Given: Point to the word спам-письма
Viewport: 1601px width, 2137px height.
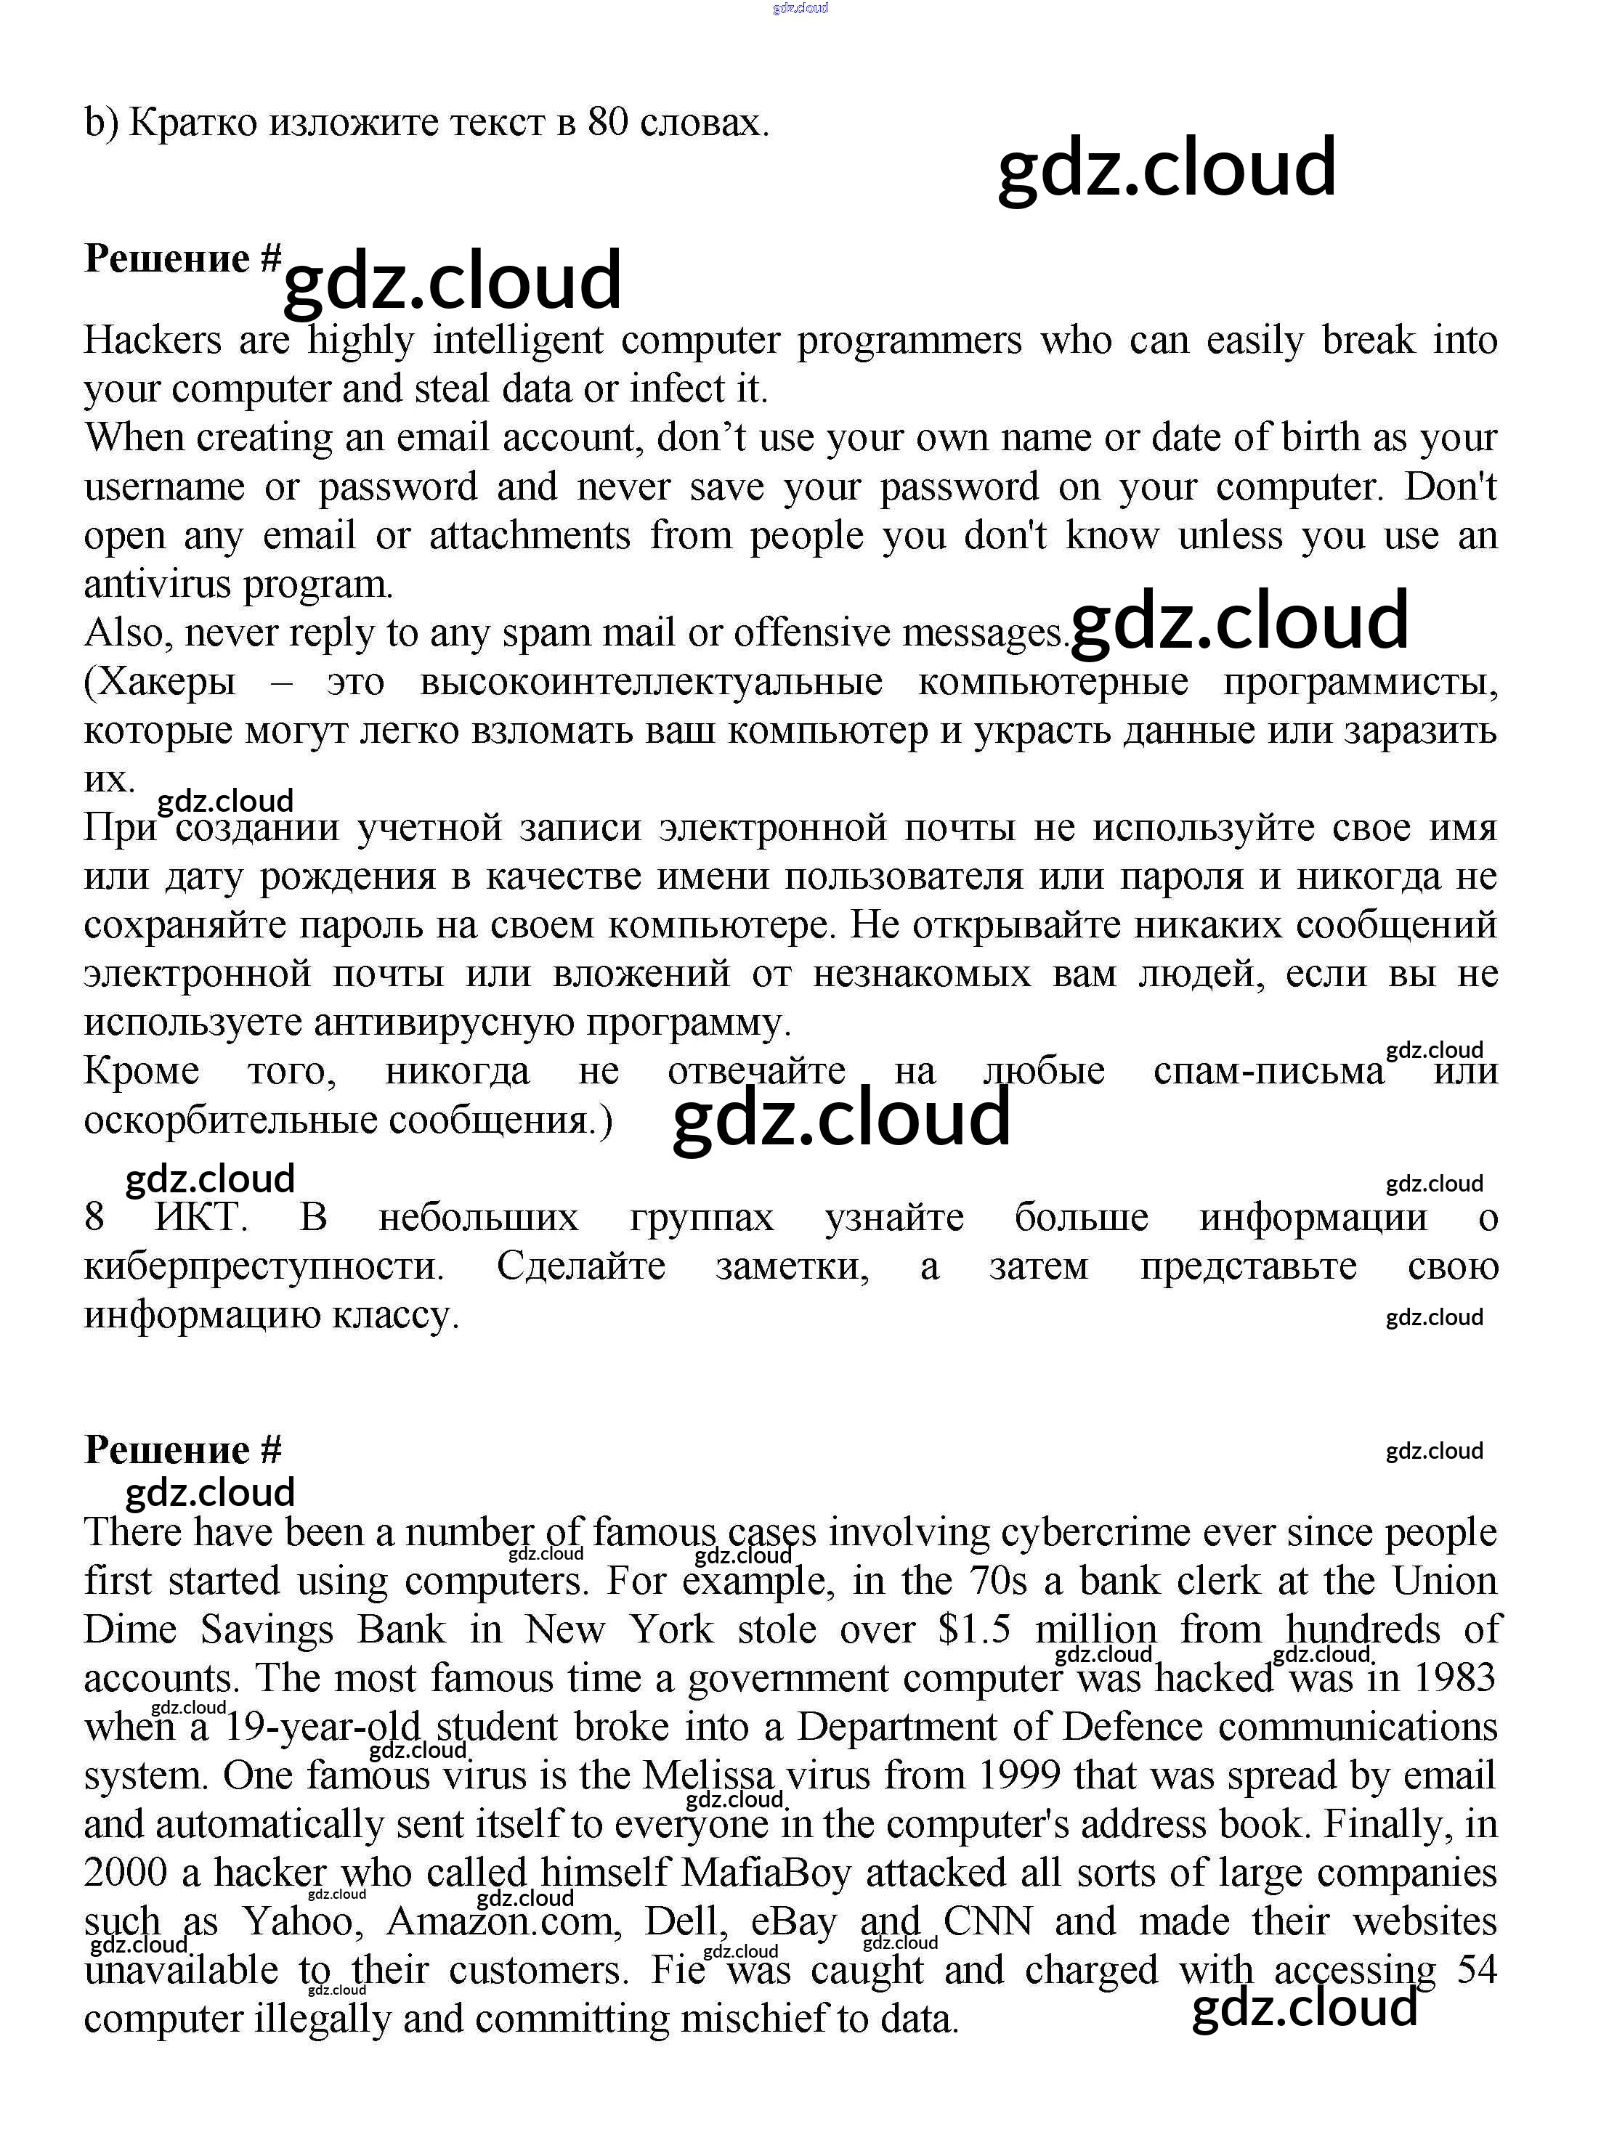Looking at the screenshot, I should click(x=1268, y=1071).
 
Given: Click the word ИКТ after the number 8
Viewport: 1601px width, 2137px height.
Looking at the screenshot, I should click(x=201, y=1217).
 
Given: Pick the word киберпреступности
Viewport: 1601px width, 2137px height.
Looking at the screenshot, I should click(x=264, y=1266).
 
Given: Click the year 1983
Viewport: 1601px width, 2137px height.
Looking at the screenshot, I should click(x=1454, y=1679).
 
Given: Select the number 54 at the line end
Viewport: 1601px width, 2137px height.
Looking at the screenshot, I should click(x=1476, y=1970).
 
